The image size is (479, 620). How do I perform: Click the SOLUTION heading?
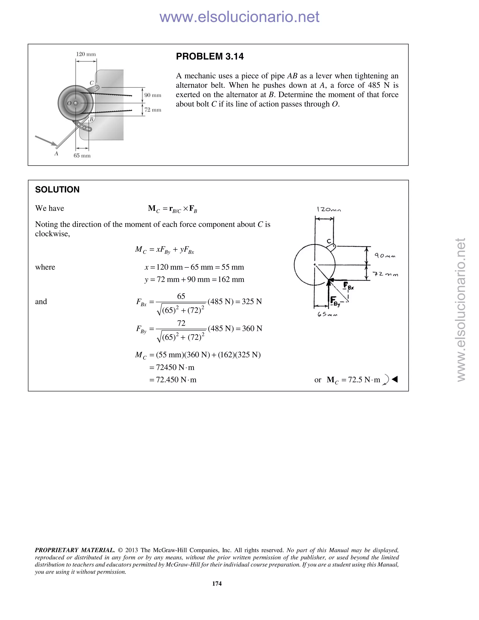[x=57, y=190]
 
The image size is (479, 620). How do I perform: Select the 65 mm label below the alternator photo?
[x=82, y=156]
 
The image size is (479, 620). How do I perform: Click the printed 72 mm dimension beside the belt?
[x=153, y=110]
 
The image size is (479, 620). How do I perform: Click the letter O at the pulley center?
[x=69, y=103]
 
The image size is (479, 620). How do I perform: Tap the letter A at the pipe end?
[x=56, y=153]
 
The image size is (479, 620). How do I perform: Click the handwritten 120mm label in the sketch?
[x=329, y=210]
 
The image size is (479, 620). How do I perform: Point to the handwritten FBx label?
[x=348, y=286]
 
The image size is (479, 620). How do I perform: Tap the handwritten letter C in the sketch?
[x=329, y=241]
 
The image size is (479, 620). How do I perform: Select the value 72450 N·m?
[x=175, y=367]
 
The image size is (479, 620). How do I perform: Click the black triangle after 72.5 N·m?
[x=395, y=379]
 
